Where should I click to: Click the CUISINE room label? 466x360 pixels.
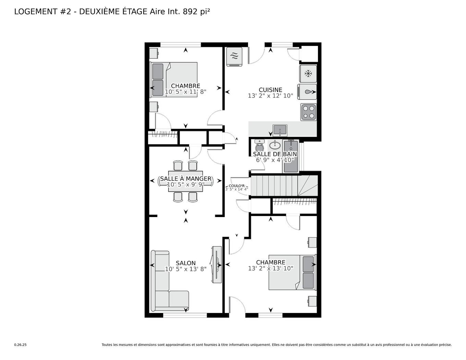(x=270, y=90)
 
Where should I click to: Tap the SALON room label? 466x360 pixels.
(x=185, y=263)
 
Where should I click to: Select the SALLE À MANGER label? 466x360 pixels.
(x=185, y=179)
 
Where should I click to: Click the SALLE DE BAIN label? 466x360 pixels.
(x=275, y=154)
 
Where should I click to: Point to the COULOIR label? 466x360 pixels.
(x=236, y=186)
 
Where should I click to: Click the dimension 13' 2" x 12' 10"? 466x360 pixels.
(x=270, y=96)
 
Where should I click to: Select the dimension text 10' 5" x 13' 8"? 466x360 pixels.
(x=185, y=269)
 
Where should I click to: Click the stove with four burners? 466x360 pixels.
(x=308, y=112)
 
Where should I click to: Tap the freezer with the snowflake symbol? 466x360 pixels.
(x=308, y=73)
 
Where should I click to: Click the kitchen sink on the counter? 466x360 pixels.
(x=280, y=131)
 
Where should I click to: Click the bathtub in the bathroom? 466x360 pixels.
(x=291, y=156)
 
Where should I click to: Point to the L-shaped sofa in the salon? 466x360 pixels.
(x=164, y=288)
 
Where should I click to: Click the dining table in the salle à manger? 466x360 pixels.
(x=185, y=181)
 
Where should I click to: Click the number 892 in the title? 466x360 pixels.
(x=190, y=11)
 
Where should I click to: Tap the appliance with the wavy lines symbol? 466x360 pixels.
(x=234, y=57)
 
